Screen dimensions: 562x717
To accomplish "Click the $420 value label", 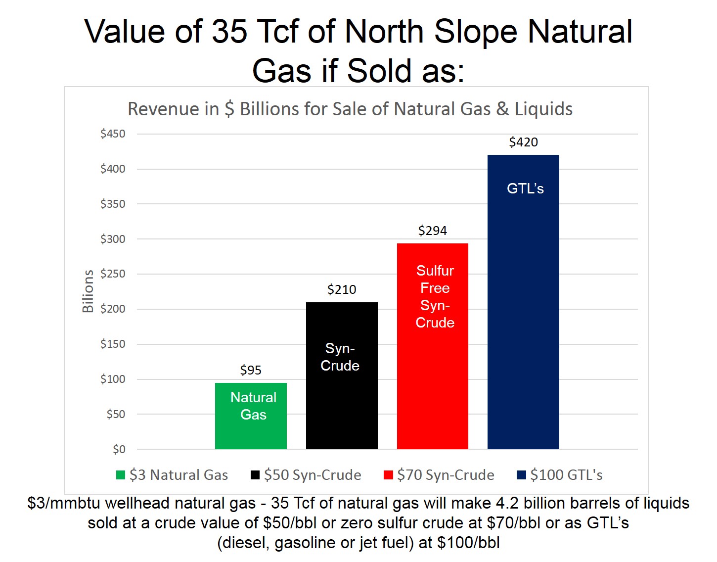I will click(523, 142).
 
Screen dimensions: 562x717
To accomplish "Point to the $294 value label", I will click(433, 231).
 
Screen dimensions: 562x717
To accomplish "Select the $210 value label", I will click(342, 290).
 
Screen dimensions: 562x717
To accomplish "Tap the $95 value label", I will click(251, 371).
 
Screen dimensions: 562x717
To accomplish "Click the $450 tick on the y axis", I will click(113, 134).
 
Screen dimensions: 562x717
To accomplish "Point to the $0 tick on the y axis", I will click(119, 450).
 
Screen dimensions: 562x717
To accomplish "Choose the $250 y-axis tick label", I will click(113, 274).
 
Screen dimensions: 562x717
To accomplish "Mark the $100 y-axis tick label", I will click(113, 379).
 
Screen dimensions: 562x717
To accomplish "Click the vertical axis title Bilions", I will click(88, 291).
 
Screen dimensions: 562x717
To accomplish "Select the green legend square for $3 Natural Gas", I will click(121, 475).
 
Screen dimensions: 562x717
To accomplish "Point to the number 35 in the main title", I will click(229, 32).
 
